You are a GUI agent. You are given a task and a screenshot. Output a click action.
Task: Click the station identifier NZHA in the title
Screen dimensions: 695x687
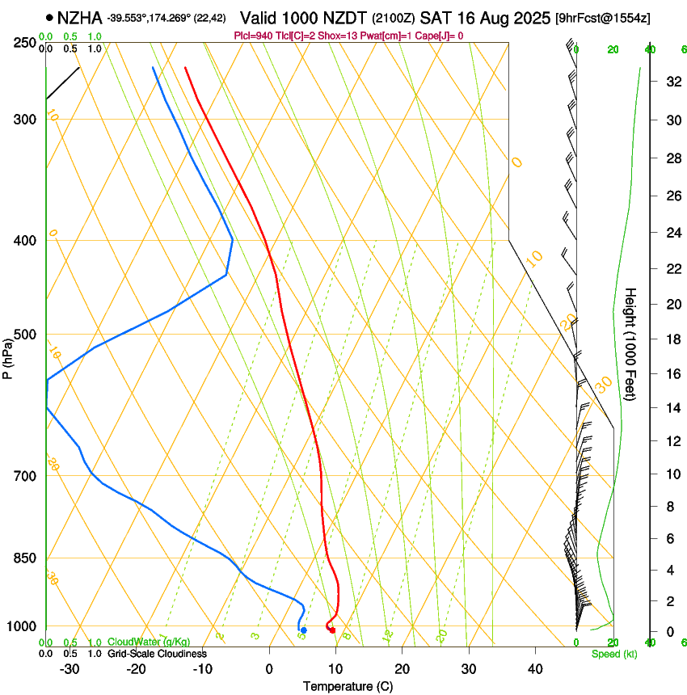(x=79, y=16)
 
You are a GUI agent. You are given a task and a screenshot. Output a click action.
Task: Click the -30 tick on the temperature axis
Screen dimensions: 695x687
(x=70, y=669)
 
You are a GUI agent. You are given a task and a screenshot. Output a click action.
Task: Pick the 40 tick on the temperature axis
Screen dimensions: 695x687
(x=534, y=669)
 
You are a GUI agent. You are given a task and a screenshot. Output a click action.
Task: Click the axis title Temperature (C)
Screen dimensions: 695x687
(x=347, y=686)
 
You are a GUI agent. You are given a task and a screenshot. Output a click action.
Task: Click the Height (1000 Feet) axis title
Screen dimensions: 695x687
(x=631, y=343)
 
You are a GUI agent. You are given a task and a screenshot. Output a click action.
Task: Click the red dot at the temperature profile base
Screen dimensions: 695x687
(x=332, y=630)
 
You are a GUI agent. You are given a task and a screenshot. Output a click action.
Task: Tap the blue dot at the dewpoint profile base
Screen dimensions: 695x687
(x=303, y=630)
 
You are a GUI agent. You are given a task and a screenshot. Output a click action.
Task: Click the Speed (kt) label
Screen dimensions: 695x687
(x=614, y=654)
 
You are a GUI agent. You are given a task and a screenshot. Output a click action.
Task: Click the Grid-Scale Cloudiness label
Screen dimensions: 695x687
(x=157, y=654)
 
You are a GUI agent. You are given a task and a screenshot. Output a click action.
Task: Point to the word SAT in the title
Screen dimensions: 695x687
(x=436, y=16)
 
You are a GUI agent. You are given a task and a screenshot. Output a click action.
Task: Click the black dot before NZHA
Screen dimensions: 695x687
(x=50, y=17)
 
